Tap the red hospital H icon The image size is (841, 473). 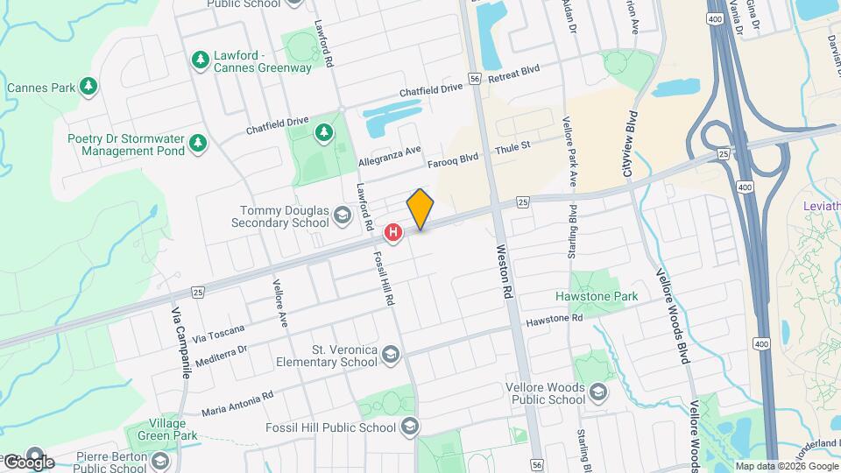coord(394,232)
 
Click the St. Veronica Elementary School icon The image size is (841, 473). coord(390,355)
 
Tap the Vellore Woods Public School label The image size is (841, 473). coord(545,393)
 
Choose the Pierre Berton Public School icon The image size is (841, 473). coord(160,461)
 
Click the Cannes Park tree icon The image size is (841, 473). coord(88,87)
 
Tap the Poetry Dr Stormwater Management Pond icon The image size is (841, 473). coord(199,142)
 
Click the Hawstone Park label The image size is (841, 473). coord(597,297)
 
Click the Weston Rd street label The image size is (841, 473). coord(503,271)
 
